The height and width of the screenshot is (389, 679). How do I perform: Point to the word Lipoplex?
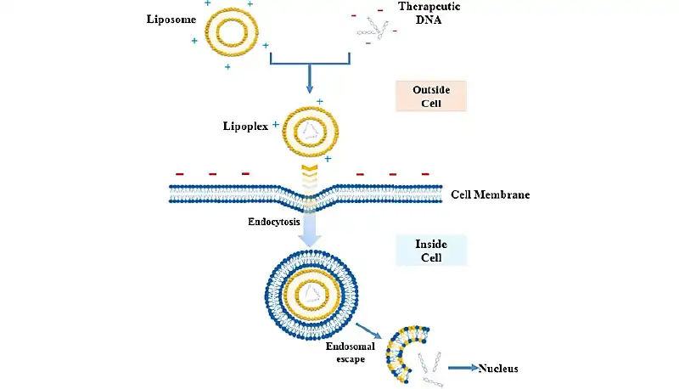pyautogui.click(x=243, y=126)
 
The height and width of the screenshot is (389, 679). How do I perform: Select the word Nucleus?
pyautogui.click(x=498, y=369)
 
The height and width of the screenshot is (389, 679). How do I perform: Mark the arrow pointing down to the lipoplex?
pyautogui.click(x=310, y=82)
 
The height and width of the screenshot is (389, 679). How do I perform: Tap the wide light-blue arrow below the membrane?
pyautogui.click(x=311, y=228)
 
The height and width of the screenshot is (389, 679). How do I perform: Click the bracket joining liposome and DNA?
pyautogui.click(x=310, y=61)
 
